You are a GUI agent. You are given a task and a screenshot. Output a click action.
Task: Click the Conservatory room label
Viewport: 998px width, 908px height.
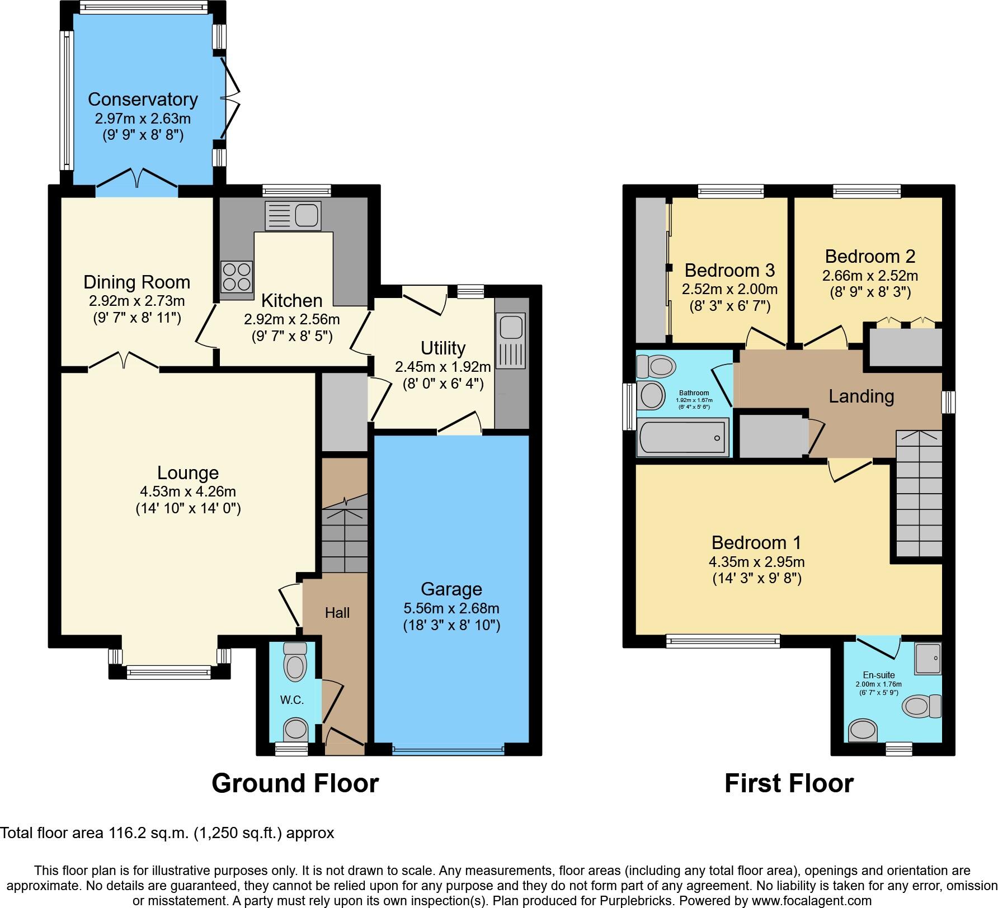coord(143,100)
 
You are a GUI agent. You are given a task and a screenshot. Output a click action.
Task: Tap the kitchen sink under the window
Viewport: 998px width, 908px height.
coord(293,215)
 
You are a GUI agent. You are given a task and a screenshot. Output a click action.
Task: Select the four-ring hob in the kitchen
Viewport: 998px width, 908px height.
coord(236,277)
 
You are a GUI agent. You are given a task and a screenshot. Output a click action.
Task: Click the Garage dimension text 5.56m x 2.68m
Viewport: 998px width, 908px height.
coord(451,608)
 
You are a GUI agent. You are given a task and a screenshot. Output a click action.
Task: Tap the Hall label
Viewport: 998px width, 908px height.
coord(337,613)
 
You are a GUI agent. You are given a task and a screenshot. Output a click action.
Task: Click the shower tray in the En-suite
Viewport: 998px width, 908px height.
coord(928,658)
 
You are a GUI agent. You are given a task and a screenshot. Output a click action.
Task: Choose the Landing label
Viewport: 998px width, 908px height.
coord(861,396)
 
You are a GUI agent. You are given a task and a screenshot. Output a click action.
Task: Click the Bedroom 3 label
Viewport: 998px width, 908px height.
coord(729,271)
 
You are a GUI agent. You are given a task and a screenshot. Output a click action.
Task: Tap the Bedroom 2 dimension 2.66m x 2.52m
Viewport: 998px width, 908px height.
coord(870,276)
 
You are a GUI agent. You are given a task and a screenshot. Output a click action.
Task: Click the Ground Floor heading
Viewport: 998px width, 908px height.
coord(295,783)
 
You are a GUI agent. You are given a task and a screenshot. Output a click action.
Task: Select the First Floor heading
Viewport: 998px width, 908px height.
coord(788,783)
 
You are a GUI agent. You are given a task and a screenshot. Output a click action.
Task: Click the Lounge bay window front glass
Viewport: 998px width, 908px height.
coord(168,672)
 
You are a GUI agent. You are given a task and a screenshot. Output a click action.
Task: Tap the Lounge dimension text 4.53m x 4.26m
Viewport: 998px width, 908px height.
coord(188,491)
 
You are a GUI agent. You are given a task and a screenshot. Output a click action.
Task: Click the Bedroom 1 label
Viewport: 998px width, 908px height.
coord(756,542)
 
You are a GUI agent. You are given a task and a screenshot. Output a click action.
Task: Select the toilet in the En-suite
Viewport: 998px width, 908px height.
coord(921,706)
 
